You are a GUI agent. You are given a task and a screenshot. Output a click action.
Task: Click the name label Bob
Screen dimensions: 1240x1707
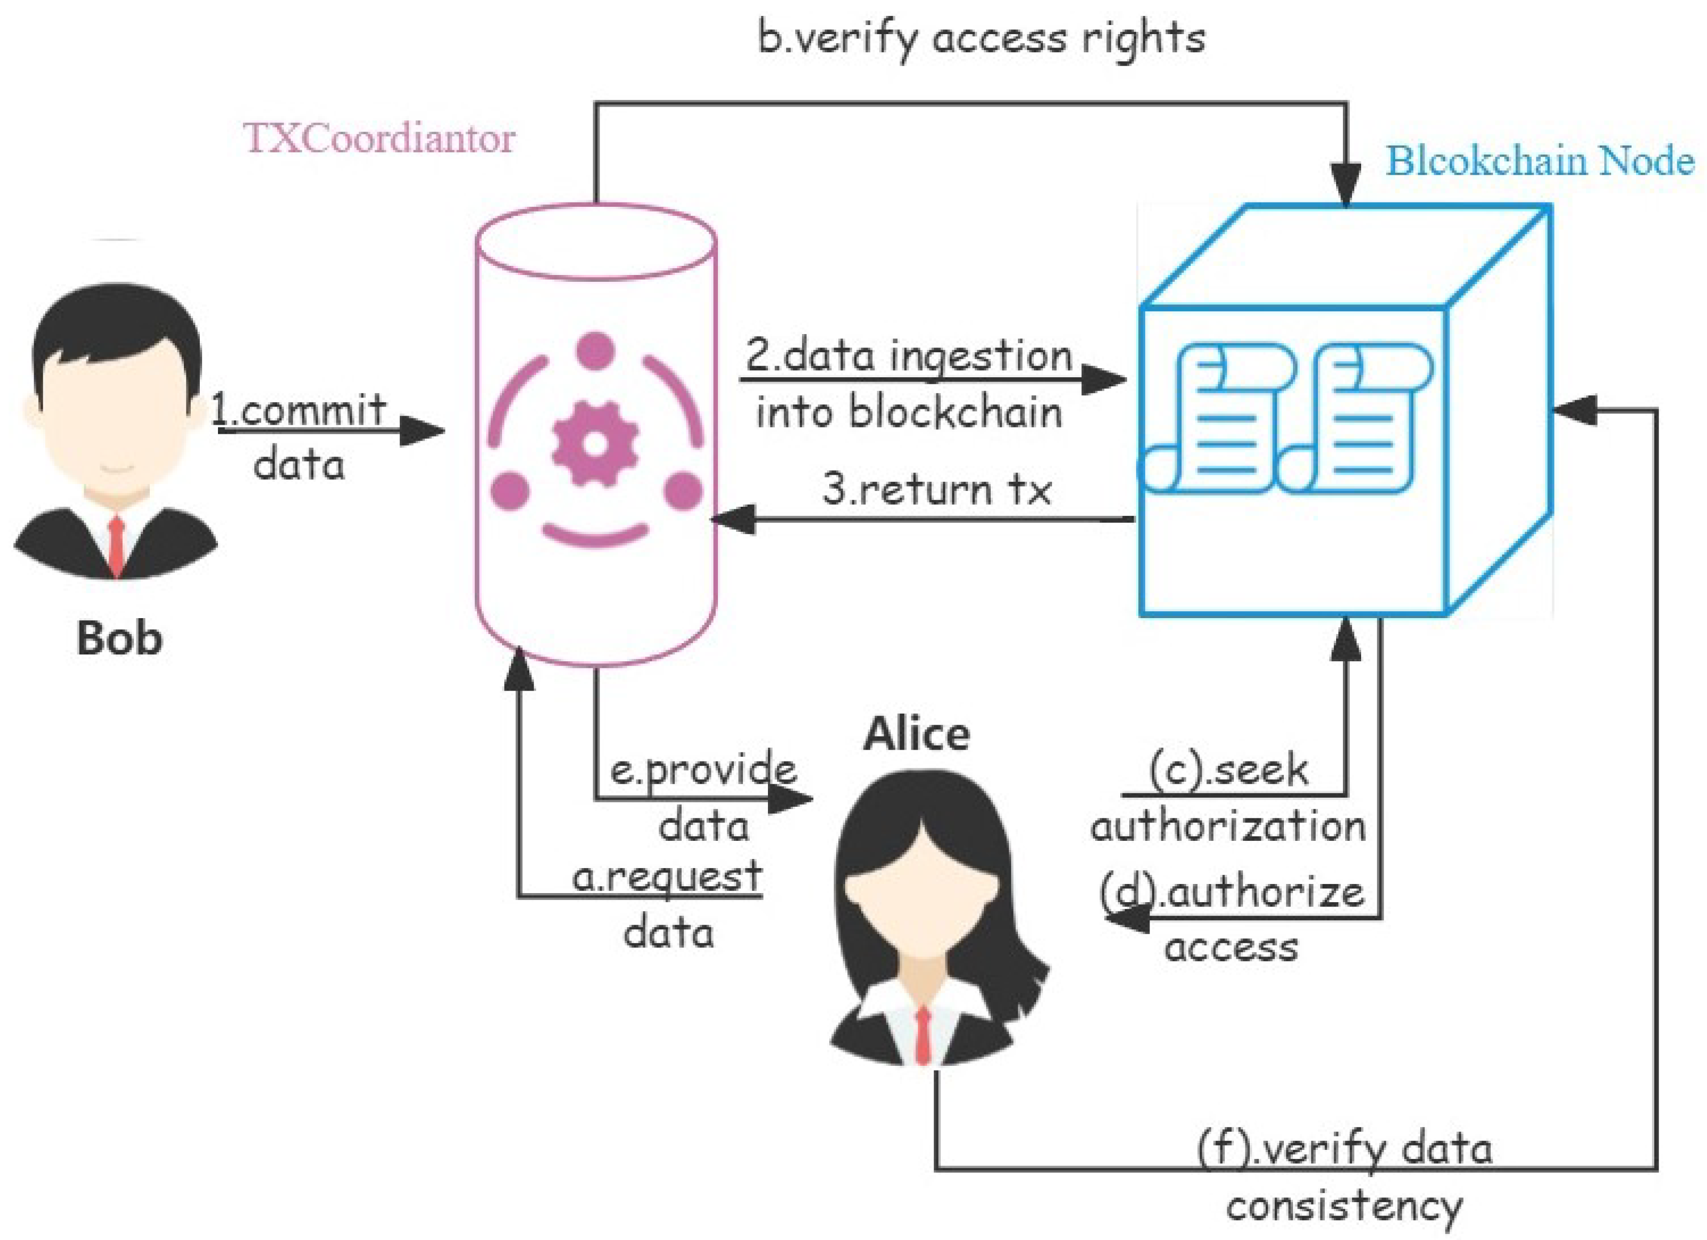(119, 638)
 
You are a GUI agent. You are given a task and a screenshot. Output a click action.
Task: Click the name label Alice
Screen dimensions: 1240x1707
(916, 734)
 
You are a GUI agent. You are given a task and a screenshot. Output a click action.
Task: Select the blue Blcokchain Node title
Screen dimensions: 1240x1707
(1540, 160)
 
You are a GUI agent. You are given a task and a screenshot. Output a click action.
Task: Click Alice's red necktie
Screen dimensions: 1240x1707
(923, 1035)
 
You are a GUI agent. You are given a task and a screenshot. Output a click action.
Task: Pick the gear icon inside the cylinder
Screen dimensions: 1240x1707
(595, 444)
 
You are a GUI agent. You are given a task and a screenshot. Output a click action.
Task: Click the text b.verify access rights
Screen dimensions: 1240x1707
(980, 38)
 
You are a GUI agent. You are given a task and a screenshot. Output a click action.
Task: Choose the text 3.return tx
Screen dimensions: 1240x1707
(937, 489)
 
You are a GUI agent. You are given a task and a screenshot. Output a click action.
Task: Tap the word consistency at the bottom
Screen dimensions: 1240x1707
(1344, 1206)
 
